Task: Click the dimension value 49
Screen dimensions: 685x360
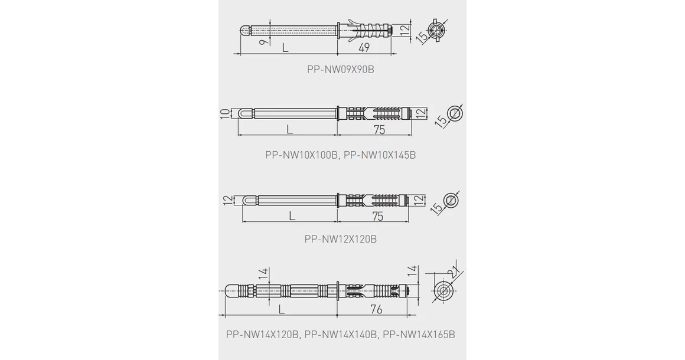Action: pyautogui.click(x=363, y=48)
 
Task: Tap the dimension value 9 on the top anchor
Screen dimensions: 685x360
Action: pyautogui.click(x=263, y=42)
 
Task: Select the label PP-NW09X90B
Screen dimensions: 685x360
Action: pyautogui.click(x=340, y=70)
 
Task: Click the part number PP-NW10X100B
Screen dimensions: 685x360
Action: pyautogui.click(x=301, y=155)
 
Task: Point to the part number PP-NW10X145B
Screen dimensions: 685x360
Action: pyautogui.click(x=380, y=155)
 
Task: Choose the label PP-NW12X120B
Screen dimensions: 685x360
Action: pyautogui.click(x=340, y=239)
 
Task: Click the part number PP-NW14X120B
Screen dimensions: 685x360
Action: pyautogui.click(x=262, y=335)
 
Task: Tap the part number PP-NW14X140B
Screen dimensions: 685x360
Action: pyautogui.click(x=340, y=335)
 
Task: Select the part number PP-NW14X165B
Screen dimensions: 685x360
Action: pyautogui.click(x=419, y=335)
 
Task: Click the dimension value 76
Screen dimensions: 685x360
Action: pyautogui.click(x=376, y=309)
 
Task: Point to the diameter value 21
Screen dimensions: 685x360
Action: pyautogui.click(x=454, y=272)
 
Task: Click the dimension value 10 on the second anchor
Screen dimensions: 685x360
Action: pyautogui.click(x=224, y=114)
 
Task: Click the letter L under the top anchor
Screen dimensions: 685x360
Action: pyautogui.click(x=285, y=48)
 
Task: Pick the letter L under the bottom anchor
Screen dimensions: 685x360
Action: pyautogui.click(x=282, y=309)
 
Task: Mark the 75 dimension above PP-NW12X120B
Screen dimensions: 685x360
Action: pyautogui.click(x=378, y=217)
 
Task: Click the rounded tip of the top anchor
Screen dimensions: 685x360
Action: pyautogui.click(x=246, y=31)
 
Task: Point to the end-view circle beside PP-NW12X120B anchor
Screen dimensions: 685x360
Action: pyautogui.click(x=451, y=201)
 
